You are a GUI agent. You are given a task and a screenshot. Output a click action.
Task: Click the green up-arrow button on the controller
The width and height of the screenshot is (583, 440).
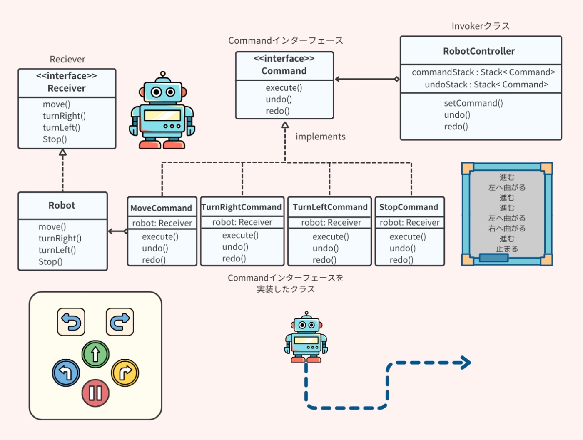[95, 354]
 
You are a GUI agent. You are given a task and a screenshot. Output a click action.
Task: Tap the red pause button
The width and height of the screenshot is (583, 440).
[95, 393]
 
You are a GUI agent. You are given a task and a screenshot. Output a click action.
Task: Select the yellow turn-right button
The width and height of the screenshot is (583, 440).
[125, 373]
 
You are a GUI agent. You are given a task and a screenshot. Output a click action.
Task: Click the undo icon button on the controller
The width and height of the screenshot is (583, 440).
[71, 322]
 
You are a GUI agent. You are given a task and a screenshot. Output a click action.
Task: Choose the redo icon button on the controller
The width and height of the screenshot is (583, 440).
[120, 322]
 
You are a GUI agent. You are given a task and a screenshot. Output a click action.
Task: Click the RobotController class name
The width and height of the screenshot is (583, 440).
[479, 51]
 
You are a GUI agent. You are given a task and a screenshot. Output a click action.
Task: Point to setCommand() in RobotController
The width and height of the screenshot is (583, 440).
[473, 103]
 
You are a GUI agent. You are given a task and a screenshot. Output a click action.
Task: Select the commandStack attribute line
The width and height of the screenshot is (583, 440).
[483, 72]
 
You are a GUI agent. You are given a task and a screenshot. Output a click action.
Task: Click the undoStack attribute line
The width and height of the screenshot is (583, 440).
[486, 85]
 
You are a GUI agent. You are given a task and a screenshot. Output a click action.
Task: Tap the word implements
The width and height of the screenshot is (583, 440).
[320, 137]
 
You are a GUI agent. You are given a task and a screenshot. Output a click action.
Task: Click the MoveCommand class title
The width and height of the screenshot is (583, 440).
[161, 208]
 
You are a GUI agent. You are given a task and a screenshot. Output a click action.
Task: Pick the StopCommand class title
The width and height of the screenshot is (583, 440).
[409, 207]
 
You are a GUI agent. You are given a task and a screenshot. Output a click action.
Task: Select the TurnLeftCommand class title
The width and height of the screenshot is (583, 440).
[330, 207]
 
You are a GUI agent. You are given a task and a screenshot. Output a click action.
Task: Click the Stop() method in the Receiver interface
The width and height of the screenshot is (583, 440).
[55, 139]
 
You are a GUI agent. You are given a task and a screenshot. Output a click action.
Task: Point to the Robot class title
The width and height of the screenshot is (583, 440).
[62, 205]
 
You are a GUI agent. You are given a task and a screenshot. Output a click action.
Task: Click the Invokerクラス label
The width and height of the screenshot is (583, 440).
[481, 26]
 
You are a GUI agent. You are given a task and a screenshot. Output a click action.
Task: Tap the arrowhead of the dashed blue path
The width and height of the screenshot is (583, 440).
[467, 363]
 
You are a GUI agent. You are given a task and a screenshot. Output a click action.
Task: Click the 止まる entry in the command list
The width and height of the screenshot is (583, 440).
[507, 249]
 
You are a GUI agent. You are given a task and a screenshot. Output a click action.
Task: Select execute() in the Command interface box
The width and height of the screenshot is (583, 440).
[284, 88]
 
